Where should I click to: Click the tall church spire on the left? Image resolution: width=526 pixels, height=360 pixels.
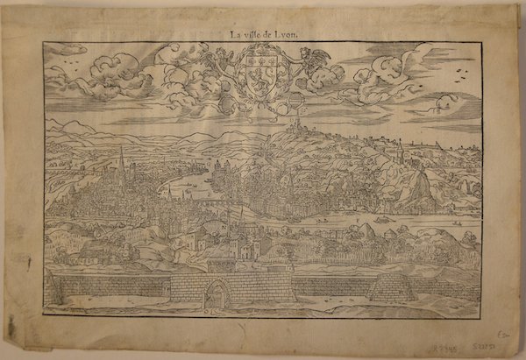121,162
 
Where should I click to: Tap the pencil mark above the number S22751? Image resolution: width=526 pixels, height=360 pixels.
504,333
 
